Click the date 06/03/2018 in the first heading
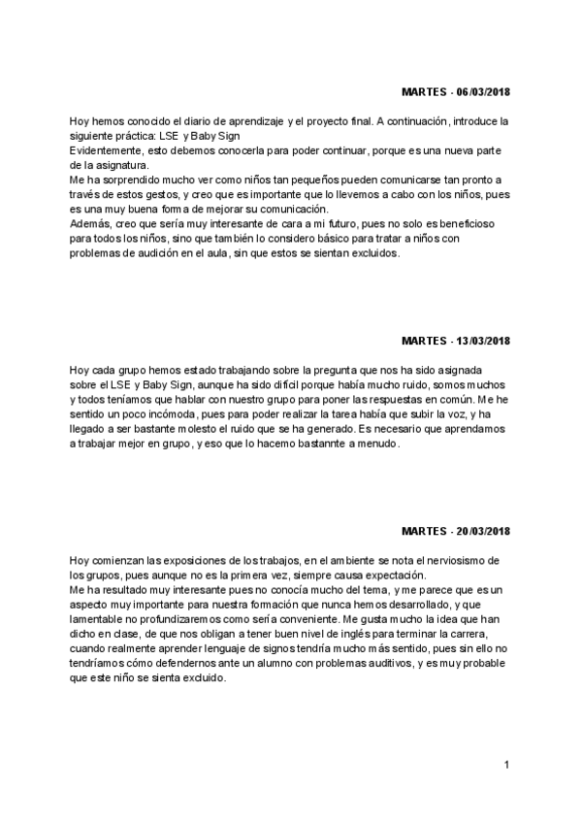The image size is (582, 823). (483, 92)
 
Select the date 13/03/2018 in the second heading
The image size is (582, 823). (483, 342)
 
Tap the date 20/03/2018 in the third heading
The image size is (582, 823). (483, 532)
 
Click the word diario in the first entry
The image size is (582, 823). (179, 120)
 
